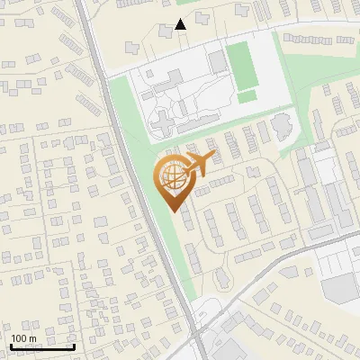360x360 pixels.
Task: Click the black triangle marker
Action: [181, 24]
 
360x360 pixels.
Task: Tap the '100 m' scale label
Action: [23, 337]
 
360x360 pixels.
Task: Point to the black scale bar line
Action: [42, 346]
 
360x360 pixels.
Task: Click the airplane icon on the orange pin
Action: [197, 165]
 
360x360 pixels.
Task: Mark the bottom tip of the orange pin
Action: [172, 211]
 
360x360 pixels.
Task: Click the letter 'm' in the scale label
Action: [32, 337]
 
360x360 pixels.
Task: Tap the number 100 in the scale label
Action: [18, 337]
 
